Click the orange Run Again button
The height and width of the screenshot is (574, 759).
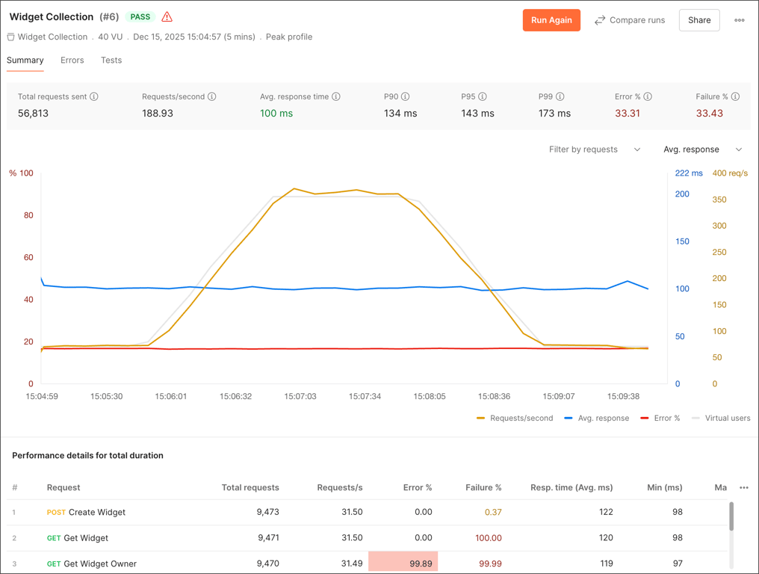(x=551, y=20)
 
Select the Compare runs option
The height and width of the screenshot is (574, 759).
(x=629, y=20)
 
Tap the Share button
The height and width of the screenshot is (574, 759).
(x=699, y=20)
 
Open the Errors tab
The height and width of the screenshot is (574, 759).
(x=72, y=61)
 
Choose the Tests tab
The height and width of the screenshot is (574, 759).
(x=111, y=61)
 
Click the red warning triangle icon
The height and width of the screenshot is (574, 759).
(x=167, y=16)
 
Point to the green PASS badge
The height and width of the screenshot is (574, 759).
(x=140, y=16)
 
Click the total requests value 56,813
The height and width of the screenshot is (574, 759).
(x=33, y=114)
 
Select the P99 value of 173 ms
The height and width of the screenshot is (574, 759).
(x=554, y=114)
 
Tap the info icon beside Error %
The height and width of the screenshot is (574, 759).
(x=648, y=96)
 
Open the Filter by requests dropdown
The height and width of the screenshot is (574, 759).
(x=595, y=149)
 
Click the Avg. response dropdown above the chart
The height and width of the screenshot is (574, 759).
(x=702, y=149)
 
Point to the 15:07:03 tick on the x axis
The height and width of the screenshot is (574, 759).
(x=300, y=396)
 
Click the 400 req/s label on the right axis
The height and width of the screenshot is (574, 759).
(x=730, y=173)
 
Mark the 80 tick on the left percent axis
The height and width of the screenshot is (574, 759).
(x=28, y=215)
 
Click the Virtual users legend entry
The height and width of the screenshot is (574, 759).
(x=721, y=419)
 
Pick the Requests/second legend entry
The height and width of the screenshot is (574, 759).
(x=515, y=419)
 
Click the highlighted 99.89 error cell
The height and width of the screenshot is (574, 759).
(x=403, y=563)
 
